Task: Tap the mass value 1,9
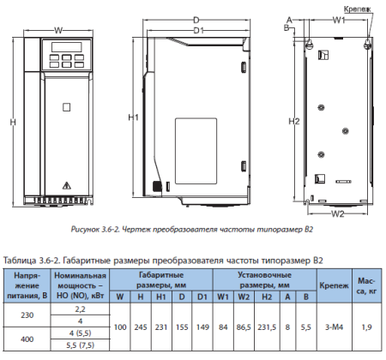pos(366,327)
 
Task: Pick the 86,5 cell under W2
pos(242,327)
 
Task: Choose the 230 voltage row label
pos(27,315)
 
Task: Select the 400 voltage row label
pos(27,339)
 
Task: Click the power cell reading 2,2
pos(81,309)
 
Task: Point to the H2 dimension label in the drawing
pos(293,120)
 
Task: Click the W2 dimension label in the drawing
pos(337,213)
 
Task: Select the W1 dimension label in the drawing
pos(339,19)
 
